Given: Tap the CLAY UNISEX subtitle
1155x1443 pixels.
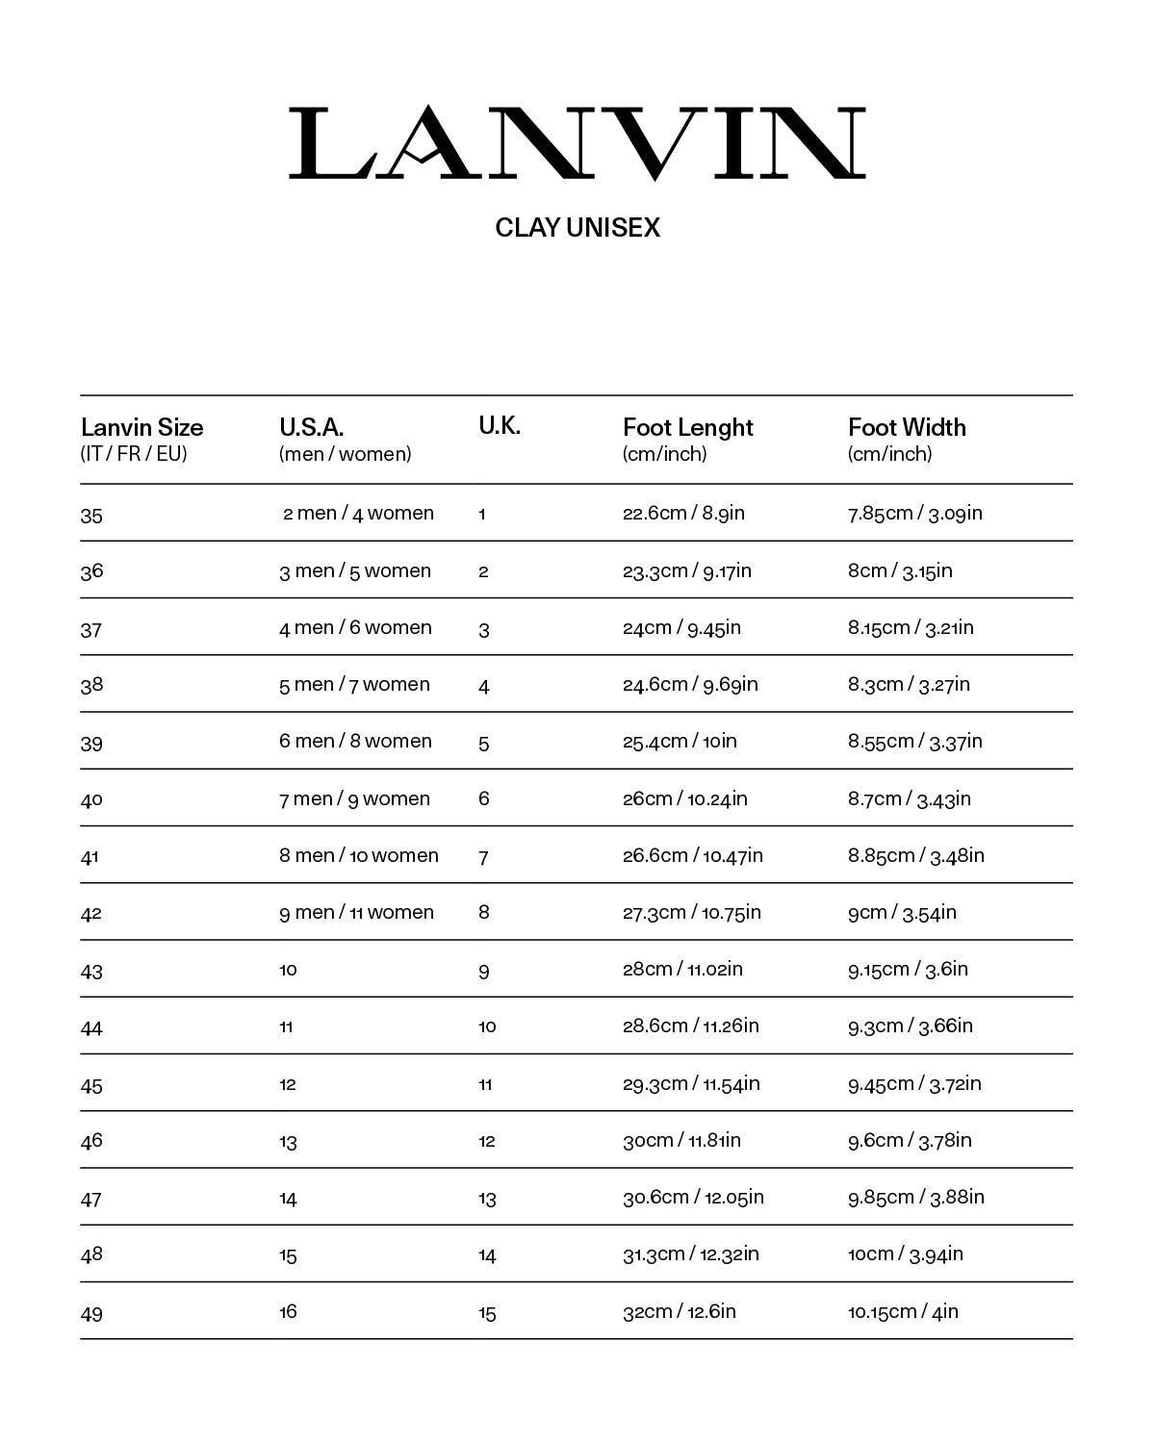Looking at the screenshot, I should [577, 228].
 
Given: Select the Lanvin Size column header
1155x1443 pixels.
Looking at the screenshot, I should [142, 428].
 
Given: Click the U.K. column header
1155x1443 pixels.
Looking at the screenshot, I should [500, 426].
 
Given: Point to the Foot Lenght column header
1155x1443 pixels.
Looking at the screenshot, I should [687, 428].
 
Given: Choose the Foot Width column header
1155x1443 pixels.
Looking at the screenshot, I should [907, 428].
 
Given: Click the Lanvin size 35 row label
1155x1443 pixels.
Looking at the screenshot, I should [91, 516].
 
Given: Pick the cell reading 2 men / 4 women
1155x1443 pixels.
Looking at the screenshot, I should [358, 514].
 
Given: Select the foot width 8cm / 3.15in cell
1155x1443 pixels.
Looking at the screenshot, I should [900, 571].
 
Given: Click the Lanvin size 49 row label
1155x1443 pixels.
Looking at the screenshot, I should [91, 1314].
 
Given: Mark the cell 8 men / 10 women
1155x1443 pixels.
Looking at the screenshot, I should [359, 855].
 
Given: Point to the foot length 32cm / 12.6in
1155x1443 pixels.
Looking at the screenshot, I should [679, 1311].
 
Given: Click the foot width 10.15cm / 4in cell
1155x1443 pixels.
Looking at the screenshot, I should [903, 1311].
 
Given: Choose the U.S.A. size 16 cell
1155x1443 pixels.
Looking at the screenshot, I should [288, 1311].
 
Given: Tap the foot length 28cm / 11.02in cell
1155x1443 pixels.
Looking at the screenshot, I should [682, 969].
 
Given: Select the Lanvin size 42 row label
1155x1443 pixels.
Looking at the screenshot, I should [91, 914].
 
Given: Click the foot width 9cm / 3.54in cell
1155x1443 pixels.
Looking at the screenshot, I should [902, 912].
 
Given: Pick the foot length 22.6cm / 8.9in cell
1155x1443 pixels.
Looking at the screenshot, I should [683, 513].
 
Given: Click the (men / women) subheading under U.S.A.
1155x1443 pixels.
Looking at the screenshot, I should [345, 454].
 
